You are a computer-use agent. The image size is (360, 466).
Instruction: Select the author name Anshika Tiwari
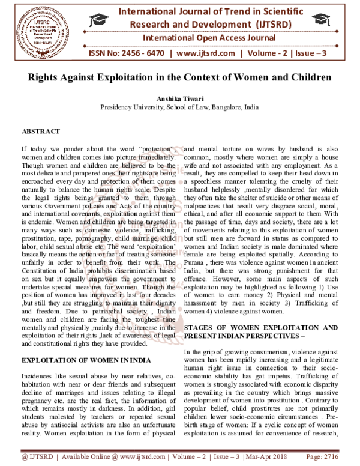pyautogui.click(x=179, y=99)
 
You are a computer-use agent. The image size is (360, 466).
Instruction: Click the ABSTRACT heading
pyautogui.click(x=40, y=130)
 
